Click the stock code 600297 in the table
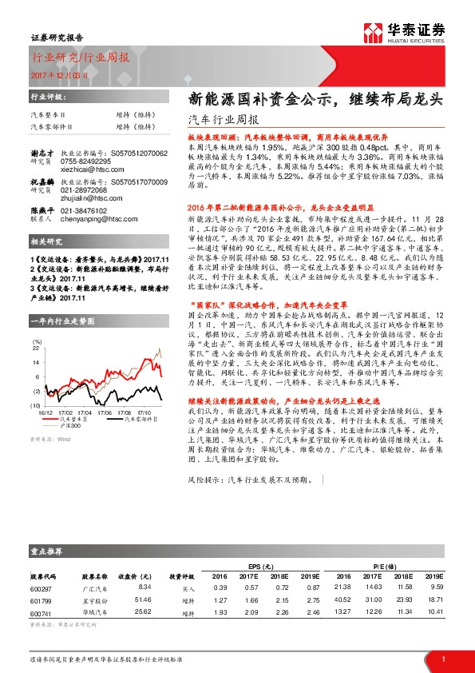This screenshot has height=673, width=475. pos(42,586)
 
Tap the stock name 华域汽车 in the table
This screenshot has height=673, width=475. pos(94,611)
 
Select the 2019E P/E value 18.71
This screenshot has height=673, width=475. pos(431,599)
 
